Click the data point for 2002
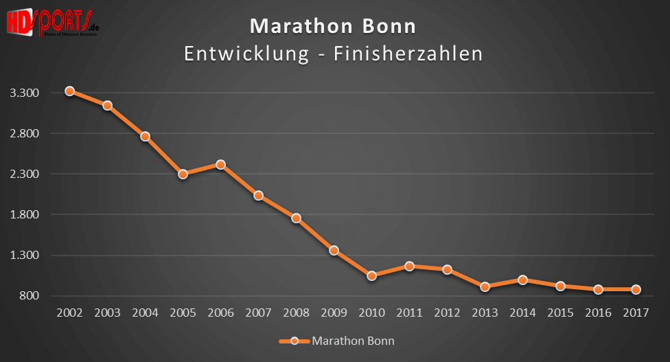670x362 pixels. click(x=70, y=91)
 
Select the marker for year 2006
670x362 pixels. click(x=221, y=164)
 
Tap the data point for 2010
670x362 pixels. click(x=372, y=275)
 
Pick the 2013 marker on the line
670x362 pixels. click(x=485, y=286)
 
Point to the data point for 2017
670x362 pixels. click(x=636, y=289)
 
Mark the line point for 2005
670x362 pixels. click(x=183, y=174)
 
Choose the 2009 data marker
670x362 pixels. click(x=334, y=250)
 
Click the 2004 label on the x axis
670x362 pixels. click(x=146, y=313)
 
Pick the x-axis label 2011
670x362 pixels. click(x=410, y=313)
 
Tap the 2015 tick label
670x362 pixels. click(x=561, y=313)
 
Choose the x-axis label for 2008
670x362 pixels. click(x=297, y=313)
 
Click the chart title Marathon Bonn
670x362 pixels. click(x=333, y=27)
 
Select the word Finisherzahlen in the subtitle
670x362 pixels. click(x=408, y=54)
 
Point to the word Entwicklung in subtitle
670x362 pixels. click(x=246, y=54)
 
